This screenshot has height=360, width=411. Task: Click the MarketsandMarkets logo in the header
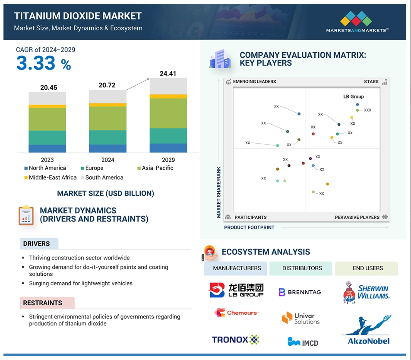(x=357, y=22)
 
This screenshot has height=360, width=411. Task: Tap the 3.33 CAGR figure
(x=36, y=63)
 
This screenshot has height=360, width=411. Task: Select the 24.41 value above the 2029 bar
(x=168, y=74)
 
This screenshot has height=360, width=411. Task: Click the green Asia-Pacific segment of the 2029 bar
(x=168, y=113)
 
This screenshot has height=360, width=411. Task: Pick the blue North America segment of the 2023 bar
(x=47, y=148)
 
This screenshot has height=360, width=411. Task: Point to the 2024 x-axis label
(x=108, y=160)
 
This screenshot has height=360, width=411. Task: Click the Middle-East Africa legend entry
(x=51, y=177)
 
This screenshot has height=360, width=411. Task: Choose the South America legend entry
(x=102, y=177)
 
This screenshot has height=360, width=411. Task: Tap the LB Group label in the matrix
(x=353, y=97)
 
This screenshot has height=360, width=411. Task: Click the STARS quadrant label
(x=371, y=82)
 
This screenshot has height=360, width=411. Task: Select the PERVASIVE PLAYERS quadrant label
(x=357, y=218)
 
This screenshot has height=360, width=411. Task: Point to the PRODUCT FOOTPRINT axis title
(x=249, y=227)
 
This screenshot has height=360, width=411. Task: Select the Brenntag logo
(x=300, y=292)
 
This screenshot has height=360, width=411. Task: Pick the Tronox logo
(x=235, y=340)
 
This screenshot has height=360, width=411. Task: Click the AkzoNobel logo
(x=367, y=330)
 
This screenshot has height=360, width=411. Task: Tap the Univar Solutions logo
(x=300, y=318)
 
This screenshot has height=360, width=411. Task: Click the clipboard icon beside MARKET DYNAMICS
(x=26, y=215)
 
